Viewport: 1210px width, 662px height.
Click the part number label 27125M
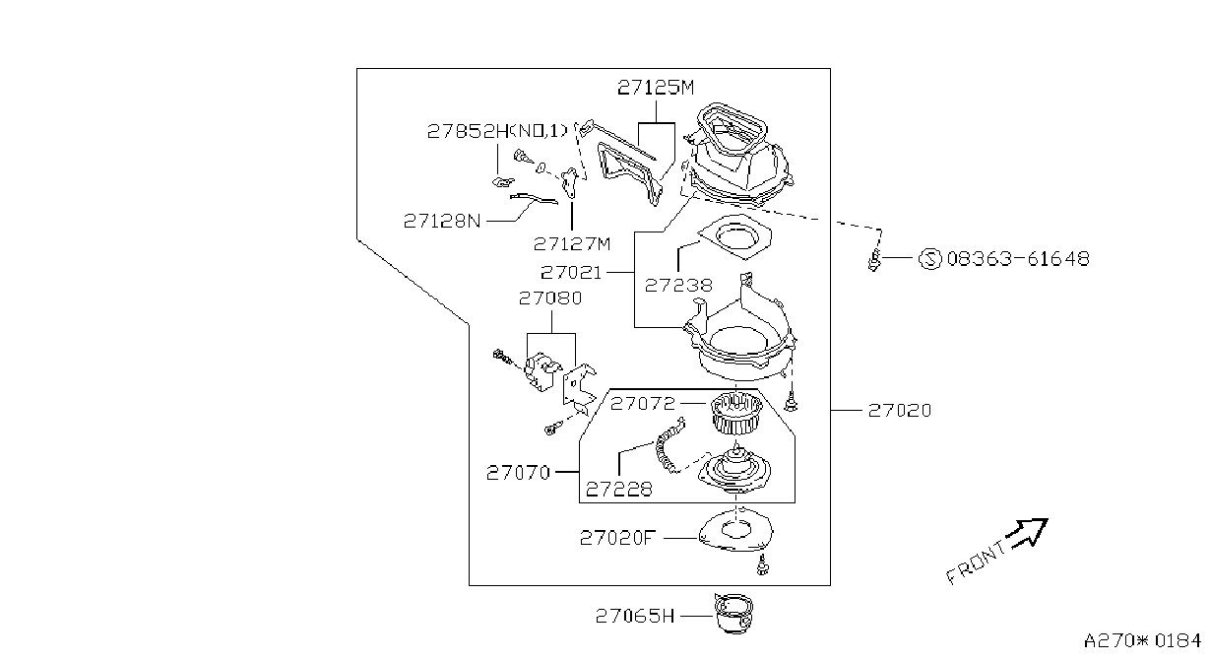pyautogui.click(x=656, y=87)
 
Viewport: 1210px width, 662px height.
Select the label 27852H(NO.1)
pyautogui.click(x=497, y=131)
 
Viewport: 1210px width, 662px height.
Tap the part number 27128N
pyautogui.click(x=442, y=221)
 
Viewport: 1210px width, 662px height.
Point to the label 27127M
pyautogui.click(x=571, y=244)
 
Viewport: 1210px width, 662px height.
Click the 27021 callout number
pyautogui.click(x=571, y=272)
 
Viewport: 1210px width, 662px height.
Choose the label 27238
pyautogui.click(x=678, y=285)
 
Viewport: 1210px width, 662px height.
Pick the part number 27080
pyautogui.click(x=550, y=298)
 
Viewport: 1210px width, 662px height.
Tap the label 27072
pyautogui.click(x=643, y=403)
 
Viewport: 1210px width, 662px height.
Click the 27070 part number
pyautogui.click(x=518, y=473)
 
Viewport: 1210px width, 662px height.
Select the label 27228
pyautogui.click(x=619, y=489)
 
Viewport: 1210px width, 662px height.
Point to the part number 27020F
pyautogui.click(x=617, y=538)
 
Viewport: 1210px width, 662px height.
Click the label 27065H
pyautogui.click(x=635, y=616)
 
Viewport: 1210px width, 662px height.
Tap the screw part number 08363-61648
pyautogui.click(x=1018, y=258)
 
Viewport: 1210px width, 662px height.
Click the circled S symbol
pyautogui.click(x=930, y=259)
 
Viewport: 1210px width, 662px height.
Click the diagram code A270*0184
pyautogui.click(x=1142, y=640)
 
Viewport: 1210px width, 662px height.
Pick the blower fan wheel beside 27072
pyautogui.click(x=735, y=413)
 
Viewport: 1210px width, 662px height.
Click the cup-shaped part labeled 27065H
pyautogui.click(x=733, y=614)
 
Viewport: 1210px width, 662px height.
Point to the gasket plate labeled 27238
pyautogui.click(x=734, y=236)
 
